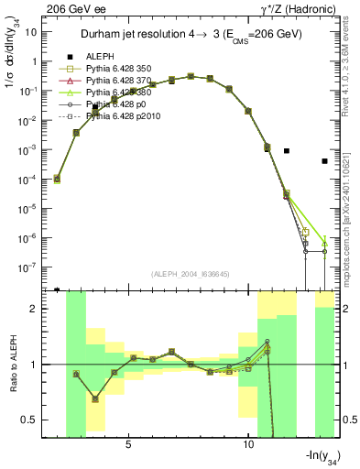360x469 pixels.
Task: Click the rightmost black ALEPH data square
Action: click(324, 161)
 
